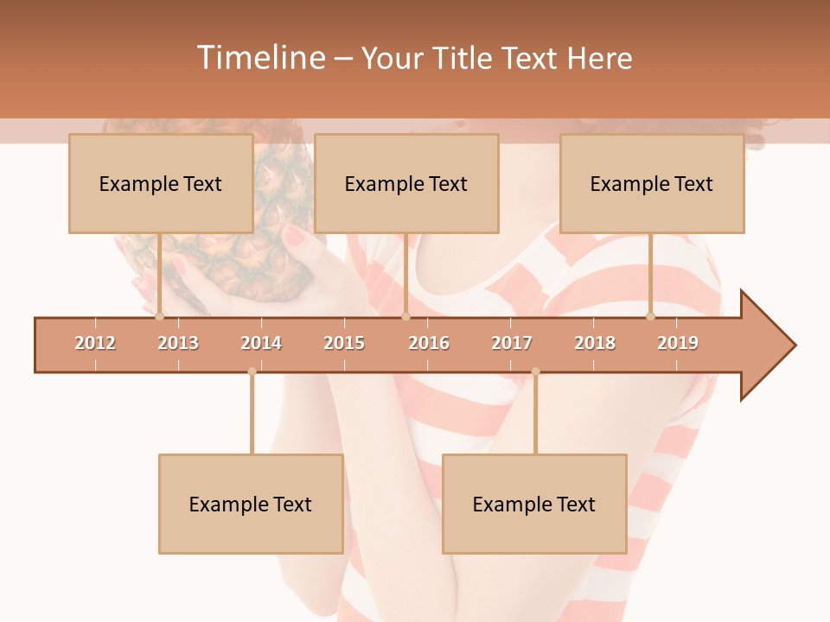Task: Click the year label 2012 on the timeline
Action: click(95, 343)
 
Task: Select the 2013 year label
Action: click(178, 343)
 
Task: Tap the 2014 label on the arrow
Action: click(261, 343)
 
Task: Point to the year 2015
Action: click(344, 343)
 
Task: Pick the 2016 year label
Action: click(429, 343)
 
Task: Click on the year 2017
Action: click(512, 343)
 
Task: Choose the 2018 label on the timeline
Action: click(595, 343)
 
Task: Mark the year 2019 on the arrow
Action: click(678, 343)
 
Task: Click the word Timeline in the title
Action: click(259, 58)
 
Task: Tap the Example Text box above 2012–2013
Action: click(161, 183)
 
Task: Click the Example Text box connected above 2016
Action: click(406, 183)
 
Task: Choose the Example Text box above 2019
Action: click(652, 183)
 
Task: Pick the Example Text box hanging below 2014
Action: click(251, 504)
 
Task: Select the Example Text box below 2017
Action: click(534, 504)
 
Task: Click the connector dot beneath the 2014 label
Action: click(252, 371)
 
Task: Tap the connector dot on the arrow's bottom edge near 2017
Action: click(535, 371)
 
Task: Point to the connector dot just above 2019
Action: click(651, 316)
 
